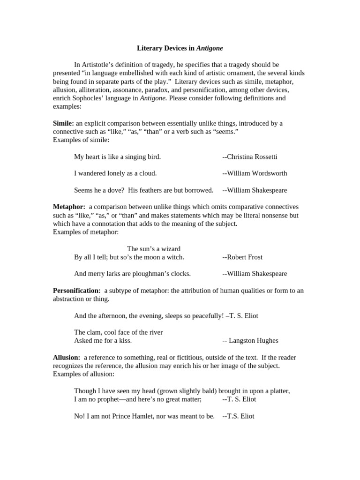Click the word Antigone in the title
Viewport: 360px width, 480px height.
click(x=210, y=48)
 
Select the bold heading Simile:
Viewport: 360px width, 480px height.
click(x=64, y=123)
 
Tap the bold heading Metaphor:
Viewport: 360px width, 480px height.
click(x=69, y=207)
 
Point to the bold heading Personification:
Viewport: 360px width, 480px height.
click(x=77, y=291)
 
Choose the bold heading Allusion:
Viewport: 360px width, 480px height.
click(x=67, y=357)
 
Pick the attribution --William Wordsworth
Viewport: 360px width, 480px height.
click(x=255, y=173)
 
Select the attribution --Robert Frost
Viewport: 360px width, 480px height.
click(x=242, y=257)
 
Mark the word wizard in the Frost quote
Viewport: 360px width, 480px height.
click(x=171, y=248)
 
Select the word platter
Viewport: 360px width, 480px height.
click(x=278, y=391)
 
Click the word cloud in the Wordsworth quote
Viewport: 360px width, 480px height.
click(x=147, y=173)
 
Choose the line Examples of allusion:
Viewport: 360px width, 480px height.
click(x=83, y=374)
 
